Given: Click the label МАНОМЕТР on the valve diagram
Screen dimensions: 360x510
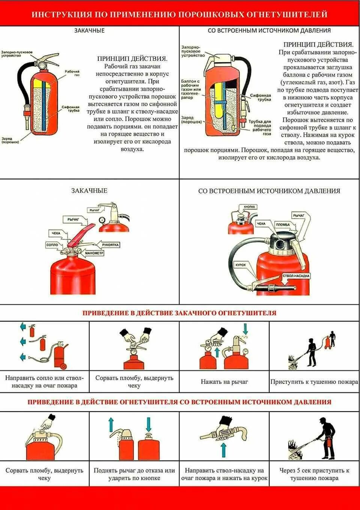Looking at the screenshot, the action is click(x=94, y=253).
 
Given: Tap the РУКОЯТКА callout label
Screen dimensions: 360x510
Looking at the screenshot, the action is click(x=110, y=245).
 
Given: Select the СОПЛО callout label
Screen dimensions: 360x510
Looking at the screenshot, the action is click(x=52, y=245).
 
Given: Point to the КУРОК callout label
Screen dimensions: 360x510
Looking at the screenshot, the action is click(x=240, y=265).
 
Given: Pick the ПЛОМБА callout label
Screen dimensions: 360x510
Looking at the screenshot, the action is click(x=283, y=224).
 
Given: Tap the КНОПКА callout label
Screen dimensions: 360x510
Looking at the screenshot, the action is click(x=249, y=207).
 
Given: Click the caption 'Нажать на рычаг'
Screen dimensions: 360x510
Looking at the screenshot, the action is click(x=224, y=382).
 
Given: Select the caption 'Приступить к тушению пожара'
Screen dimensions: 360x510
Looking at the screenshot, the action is click(x=314, y=382).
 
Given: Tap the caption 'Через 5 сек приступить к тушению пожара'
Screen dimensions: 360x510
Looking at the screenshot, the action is click(x=314, y=474).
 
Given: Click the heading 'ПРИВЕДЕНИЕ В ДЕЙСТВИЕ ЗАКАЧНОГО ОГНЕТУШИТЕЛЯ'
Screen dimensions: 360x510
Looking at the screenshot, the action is click(x=179, y=313).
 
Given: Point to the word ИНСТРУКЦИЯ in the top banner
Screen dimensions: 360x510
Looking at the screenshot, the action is click(x=61, y=14).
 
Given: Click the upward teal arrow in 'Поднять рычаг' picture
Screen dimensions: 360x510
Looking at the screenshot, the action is click(x=111, y=424).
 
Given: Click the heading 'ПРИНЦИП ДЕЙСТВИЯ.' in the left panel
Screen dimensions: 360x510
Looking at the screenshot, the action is click(x=132, y=59).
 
